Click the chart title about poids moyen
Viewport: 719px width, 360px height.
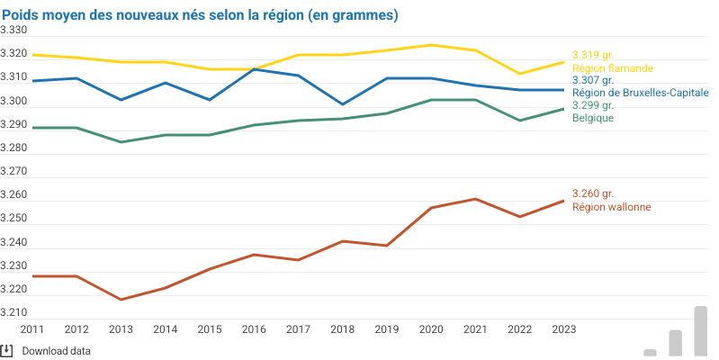(x=200, y=16)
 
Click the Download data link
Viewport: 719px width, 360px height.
(x=56, y=351)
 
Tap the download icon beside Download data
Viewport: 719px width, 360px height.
(x=6, y=350)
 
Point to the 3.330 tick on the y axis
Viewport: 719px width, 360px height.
(x=13, y=31)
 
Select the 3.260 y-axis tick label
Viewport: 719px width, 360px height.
(x=13, y=195)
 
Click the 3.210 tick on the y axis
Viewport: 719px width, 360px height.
(x=13, y=313)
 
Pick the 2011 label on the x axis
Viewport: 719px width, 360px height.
(x=32, y=329)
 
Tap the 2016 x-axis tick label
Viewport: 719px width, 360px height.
(x=254, y=329)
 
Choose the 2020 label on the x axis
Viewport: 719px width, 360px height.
(x=431, y=329)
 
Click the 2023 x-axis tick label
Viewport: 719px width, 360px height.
(x=563, y=329)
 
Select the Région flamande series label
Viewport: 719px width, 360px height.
(x=612, y=67)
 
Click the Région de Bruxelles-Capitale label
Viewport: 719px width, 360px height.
(x=641, y=93)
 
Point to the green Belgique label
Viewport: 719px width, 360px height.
(x=593, y=118)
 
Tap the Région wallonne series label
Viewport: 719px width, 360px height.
(x=611, y=206)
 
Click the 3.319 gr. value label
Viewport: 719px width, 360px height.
(x=593, y=55)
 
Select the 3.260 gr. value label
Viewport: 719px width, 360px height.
(x=593, y=193)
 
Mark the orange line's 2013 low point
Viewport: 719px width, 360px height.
(x=121, y=300)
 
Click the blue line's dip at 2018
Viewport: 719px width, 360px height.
(x=343, y=104)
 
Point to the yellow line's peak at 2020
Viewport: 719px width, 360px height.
(x=431, y=45)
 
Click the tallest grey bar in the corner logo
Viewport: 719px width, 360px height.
(x=700, y=330)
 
